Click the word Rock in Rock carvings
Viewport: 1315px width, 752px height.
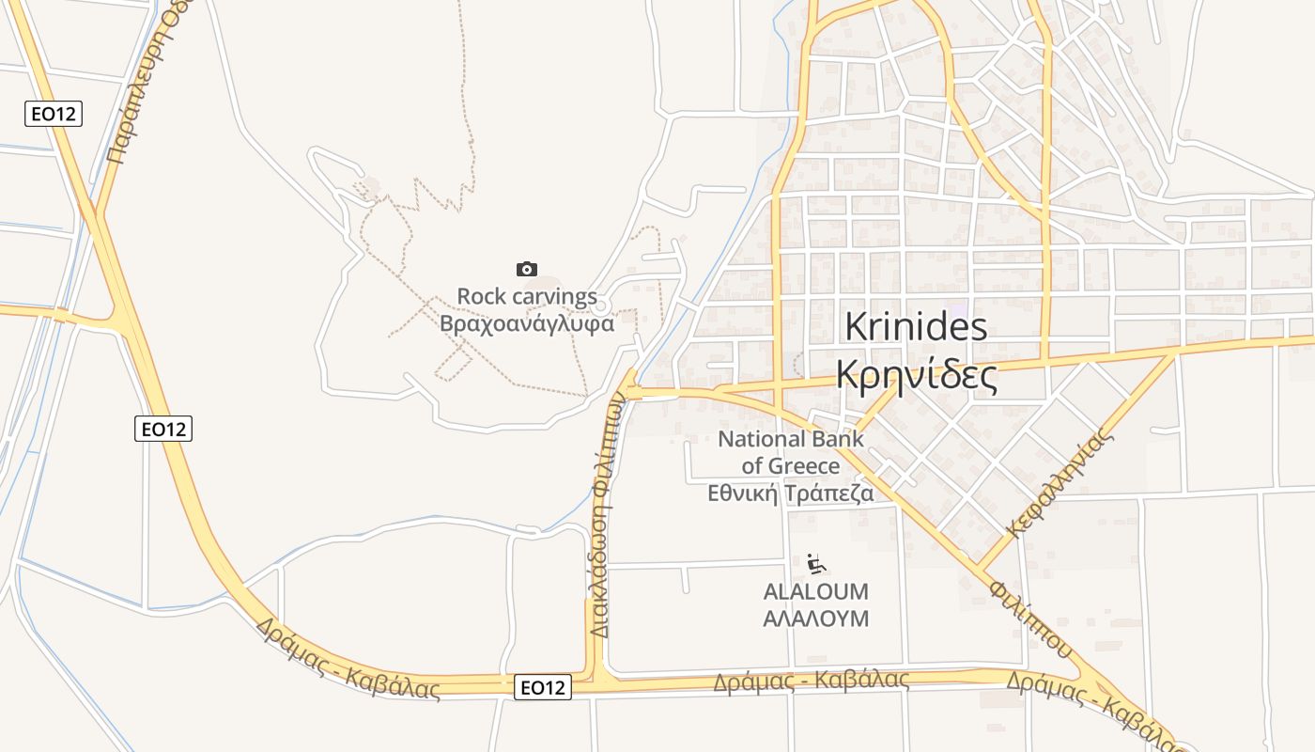479,297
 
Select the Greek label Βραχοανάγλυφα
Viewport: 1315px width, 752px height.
527,324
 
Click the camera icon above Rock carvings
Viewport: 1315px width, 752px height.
527,270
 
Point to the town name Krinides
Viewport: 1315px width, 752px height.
916,327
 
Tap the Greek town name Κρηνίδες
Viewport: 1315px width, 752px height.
916,376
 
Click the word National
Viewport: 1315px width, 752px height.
762,439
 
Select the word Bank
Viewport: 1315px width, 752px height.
839,439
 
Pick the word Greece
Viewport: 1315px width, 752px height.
804,466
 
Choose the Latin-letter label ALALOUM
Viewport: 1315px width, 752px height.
816,592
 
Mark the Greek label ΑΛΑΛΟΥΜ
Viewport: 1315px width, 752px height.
816,619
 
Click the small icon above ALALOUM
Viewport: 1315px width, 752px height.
816,565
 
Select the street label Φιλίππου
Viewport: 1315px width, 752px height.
1029,617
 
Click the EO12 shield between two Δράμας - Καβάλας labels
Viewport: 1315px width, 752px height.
544,688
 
